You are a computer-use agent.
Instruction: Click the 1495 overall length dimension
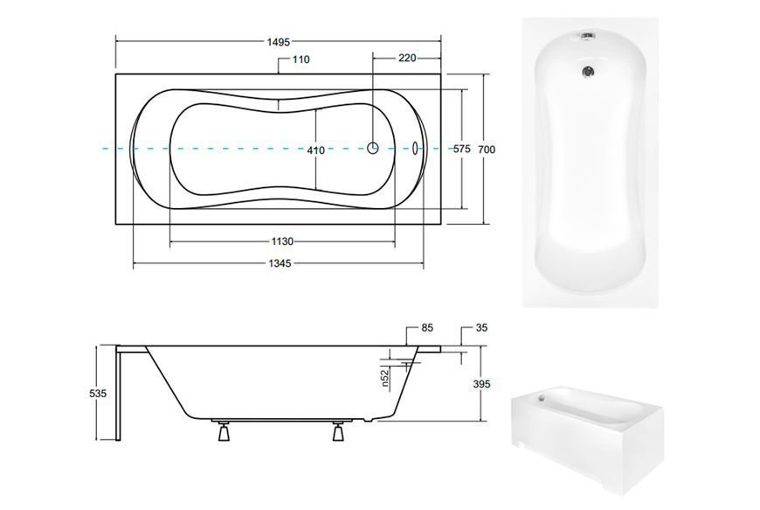tap(278, 42)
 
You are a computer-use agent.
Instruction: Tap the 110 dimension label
tap(301, 59)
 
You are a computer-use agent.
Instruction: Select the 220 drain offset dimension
tap(407, 59)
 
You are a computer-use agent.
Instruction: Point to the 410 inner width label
tap(316, 150)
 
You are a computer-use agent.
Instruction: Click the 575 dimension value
tap(461, 149)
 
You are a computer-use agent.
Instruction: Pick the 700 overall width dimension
tap(487, 150)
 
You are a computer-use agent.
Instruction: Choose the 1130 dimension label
tap(282, 241)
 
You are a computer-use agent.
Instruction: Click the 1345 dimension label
tap(280, 263)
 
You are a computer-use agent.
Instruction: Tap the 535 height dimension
tap(98, 394)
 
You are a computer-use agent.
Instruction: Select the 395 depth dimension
tap(482, 384)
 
